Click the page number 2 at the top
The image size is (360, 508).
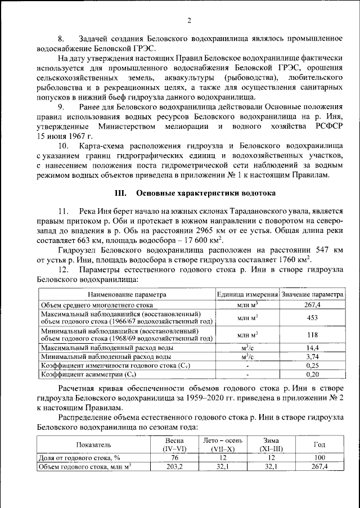pos(189,21)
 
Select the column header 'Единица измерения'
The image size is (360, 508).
pos(248,295)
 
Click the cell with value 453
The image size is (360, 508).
pos(312,317)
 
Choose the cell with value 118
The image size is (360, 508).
pos(312,335)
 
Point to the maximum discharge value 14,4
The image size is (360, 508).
pos(312,348)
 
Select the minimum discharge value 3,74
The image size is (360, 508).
pos(312,356)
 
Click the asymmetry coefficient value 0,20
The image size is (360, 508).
pos(312,374)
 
